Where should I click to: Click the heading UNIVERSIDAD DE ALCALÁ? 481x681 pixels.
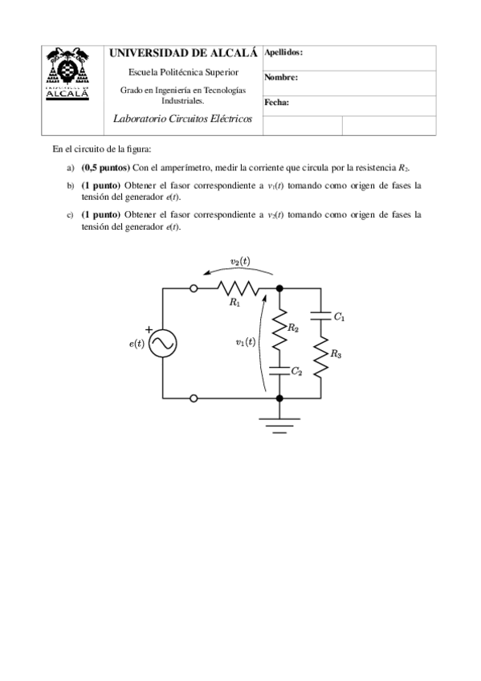point(183,53)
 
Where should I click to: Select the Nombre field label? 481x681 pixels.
point(281,78)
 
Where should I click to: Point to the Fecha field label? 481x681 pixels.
point(276,103)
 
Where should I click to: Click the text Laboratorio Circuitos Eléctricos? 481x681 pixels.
point(183,119)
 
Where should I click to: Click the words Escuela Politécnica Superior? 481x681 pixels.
point(183,72)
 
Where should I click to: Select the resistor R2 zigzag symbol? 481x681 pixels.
point(279,332)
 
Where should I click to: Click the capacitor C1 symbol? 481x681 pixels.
point(320,312)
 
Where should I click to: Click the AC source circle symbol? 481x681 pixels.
point(164,344)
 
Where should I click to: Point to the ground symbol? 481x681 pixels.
point(279,422)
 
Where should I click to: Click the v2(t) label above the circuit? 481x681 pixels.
point(239,261)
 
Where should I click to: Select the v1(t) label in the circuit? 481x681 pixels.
point(245,341)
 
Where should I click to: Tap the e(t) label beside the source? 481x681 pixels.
point(137,345)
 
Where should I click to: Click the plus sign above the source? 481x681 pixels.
point(149,328)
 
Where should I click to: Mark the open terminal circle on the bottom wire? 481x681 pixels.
point(194,398)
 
